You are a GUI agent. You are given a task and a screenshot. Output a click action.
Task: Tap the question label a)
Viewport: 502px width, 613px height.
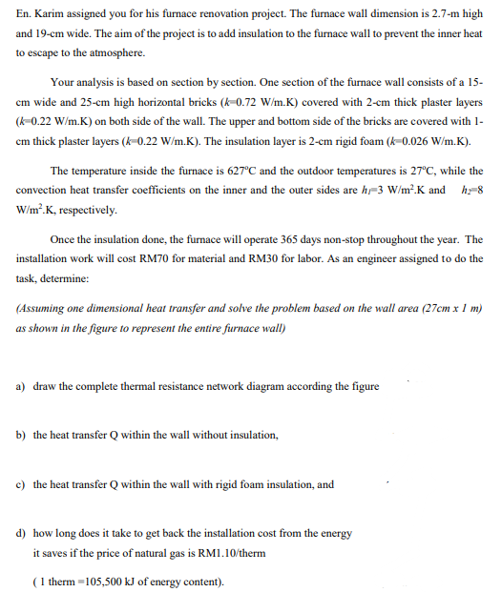click(21, 386)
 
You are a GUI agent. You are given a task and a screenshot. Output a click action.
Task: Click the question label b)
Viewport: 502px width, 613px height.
click(21, 435)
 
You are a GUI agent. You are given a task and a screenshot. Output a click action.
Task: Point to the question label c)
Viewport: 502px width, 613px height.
click(21, 484)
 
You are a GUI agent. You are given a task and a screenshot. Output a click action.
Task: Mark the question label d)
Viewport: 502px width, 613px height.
click(21, 534)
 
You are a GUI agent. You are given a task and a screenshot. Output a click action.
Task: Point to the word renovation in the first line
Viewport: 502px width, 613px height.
click(211, 14)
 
